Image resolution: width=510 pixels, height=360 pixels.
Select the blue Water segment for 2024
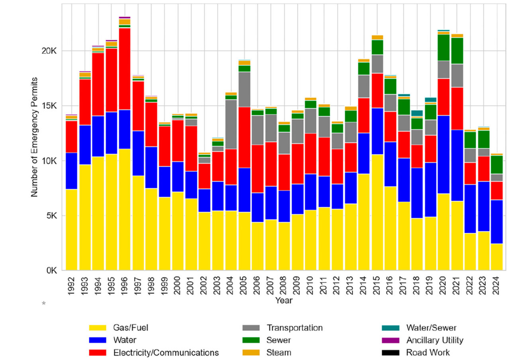pos(496,221)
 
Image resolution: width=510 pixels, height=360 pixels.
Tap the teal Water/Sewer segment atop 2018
pos(417,113)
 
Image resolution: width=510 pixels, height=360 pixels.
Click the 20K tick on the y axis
pos(49,51)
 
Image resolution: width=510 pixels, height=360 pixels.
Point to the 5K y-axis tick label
pos(51,216)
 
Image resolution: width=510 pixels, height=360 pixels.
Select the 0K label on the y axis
pos(51,271)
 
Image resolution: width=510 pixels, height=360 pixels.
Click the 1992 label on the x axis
pos(72,285)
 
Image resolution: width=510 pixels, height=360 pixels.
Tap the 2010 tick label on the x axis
pos(311,285)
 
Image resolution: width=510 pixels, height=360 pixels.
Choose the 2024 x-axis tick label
pos(496,285)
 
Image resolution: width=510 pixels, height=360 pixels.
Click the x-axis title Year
pos(284,301)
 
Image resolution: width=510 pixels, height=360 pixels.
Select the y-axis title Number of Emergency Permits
pos(34,137)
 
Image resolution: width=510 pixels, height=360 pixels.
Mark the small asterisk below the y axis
pos(44,304)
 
